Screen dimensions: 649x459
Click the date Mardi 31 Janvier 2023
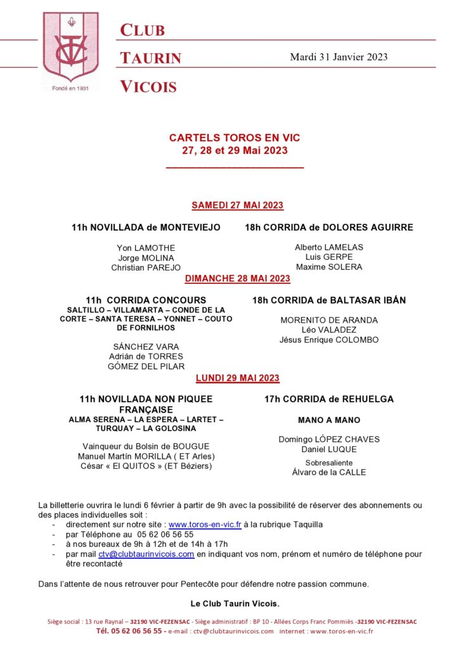[x=339, y=57]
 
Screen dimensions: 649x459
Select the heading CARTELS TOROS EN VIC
[x=235, y=138]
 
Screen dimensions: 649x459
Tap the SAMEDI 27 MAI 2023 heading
[x=237, y=205]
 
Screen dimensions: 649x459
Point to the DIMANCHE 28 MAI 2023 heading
[x=237, y=278]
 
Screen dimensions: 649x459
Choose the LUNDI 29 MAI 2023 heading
[x=237, y=378]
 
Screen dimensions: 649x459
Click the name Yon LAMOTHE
[x=146, y=248]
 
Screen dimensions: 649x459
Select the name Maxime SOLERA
[x=329, y=267]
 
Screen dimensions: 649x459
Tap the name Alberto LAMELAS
[x=329, y=247]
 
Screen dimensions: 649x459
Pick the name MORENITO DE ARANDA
[x=329, y=320]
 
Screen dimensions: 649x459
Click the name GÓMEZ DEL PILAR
[x=146, y=367]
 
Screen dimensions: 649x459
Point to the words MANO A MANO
[x=329, y=420]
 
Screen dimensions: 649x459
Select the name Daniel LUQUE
[x=329, y=449]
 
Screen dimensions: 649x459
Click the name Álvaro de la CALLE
[x=329, y=472]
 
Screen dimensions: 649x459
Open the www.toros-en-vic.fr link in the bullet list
[x=205, y=525]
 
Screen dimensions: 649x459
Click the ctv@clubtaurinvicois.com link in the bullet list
[x=146, y=554]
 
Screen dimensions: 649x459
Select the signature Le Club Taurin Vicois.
[x=235, y=603]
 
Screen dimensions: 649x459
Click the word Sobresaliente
[x=329, y=463]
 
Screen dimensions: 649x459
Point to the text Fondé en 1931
[x=70, y=89]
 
